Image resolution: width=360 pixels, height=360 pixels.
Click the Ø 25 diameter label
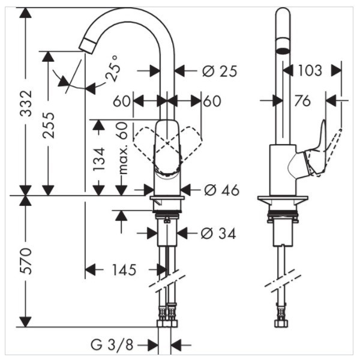coord(220,71)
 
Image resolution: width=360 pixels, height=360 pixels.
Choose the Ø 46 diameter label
coord(221,190)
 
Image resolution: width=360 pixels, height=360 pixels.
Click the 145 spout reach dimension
coord(124,270)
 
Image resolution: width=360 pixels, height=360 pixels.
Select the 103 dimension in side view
coord(310,71)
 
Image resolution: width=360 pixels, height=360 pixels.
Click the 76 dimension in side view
coord(302,101)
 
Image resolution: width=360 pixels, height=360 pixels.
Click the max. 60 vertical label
coord(123,148)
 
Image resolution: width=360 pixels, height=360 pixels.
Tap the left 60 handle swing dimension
coord(122,101)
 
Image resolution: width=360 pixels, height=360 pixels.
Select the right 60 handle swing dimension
coord(212,101)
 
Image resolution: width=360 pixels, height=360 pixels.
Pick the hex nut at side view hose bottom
coord(281,323)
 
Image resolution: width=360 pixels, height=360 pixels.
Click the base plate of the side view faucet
coord(283,199)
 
